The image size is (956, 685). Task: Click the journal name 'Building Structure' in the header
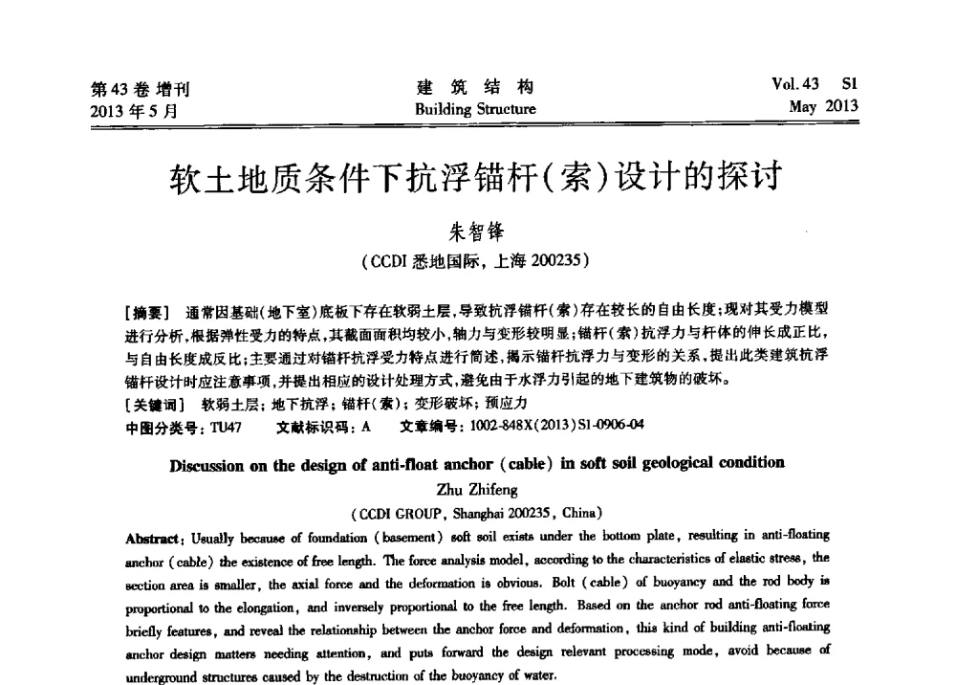pos(475,109)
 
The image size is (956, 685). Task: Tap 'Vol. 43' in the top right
pos(797,85)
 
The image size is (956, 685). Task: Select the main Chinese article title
pos(476,177)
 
